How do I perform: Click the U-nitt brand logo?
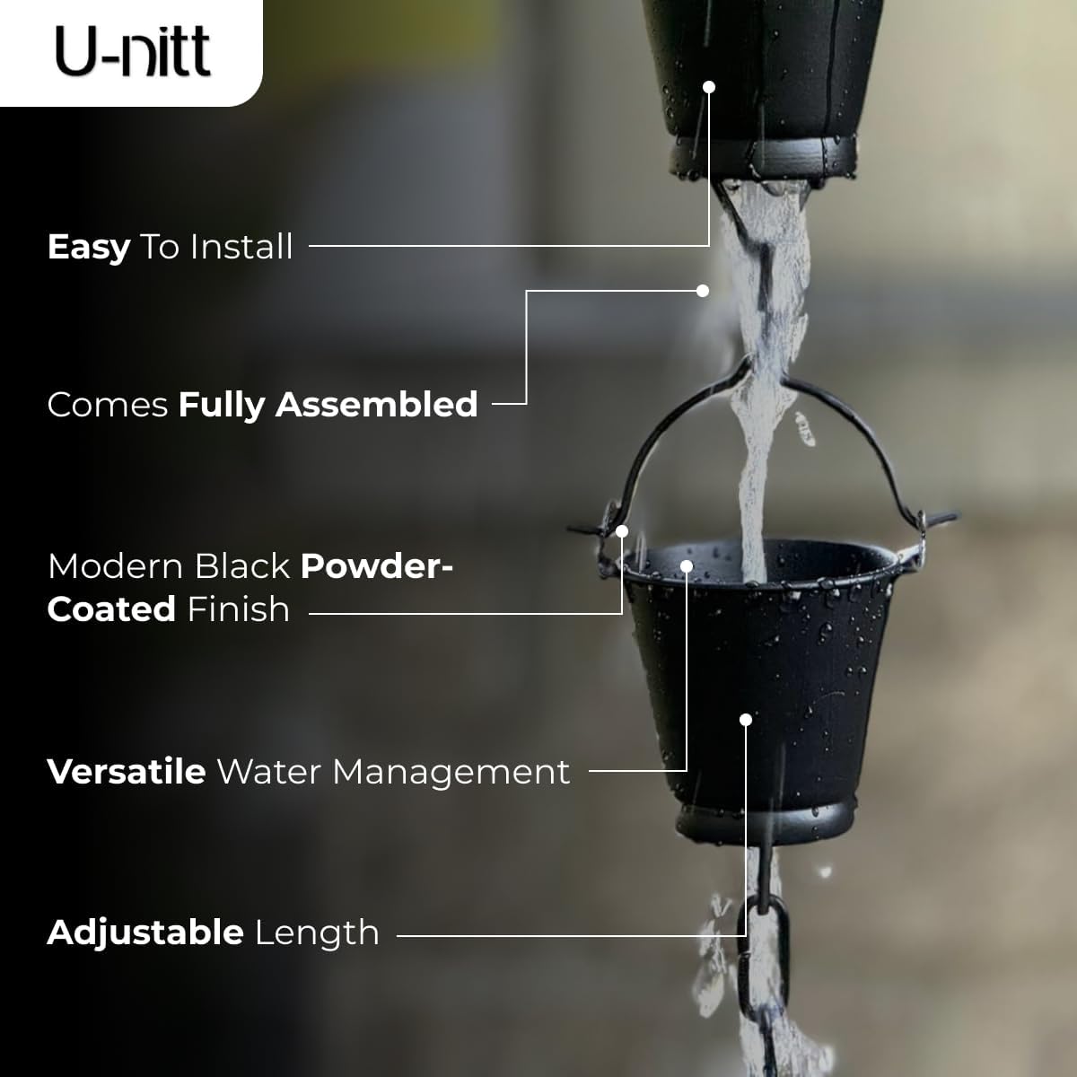(133, 52)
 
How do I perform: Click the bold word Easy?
(89, 247)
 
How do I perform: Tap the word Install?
(241, 247)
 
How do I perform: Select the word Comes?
(108, 405)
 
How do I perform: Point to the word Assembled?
(377, 405)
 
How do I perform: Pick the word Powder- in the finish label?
(377, 566)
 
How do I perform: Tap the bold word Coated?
(111, 609)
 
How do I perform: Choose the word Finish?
(238, 609)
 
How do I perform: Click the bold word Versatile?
(127, 772)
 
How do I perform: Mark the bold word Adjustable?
(145, 933)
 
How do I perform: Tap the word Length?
(317, 933)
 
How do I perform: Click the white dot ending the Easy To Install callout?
(709, 87)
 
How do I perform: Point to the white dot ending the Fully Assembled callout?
(703, 291)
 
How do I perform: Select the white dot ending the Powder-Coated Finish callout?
(621, 531)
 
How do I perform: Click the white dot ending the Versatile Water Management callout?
(687, 566)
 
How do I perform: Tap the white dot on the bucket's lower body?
(745, 720)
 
